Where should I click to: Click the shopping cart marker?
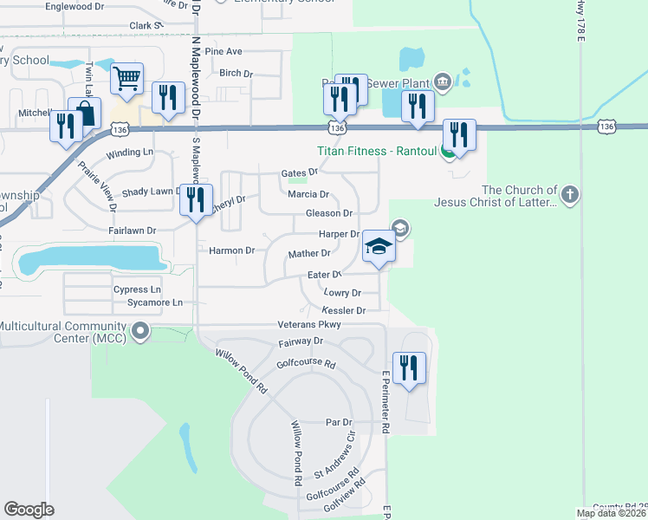click(x=126, y=80)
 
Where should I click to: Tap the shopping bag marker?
click(x=85, y=114)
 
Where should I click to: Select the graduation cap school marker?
click(x=379, y=247)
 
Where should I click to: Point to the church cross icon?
click(x=569, y=193)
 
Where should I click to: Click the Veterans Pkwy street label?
click(x=308, y=324)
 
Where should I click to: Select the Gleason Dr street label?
click(x=329, y=213)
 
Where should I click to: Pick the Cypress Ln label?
click(x=137, y=289)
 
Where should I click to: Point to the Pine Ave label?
click(x=224, y=52)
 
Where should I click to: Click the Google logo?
click(x=29, y=510)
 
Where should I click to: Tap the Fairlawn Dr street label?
click(x=133, y=231)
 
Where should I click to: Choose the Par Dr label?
click(x=339, y=422)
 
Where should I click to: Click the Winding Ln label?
click(x=130, y=153)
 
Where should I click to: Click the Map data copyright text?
click(x=612, y=513)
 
